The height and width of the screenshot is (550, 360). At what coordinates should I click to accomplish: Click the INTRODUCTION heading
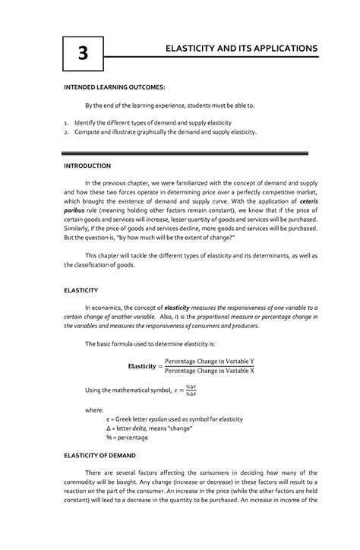[x=87, y=165]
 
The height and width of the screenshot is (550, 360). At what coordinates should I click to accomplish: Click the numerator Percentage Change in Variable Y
[x=210, y=360]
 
